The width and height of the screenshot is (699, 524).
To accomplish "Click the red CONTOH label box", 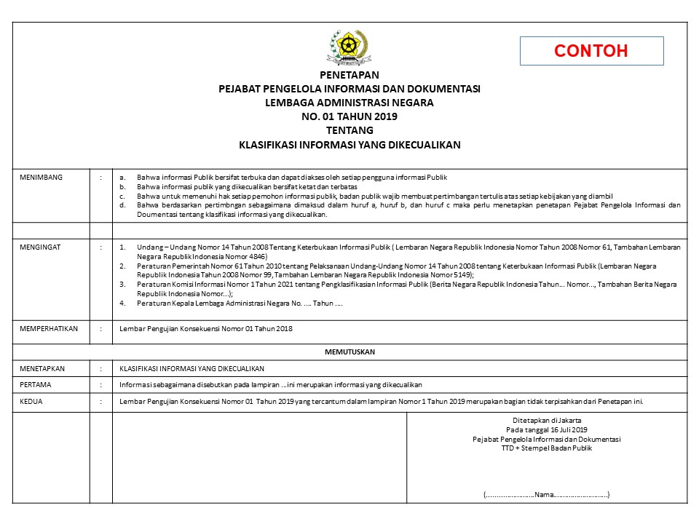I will [x=591, y=51].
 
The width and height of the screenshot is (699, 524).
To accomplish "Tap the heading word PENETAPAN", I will [x=349, y=75].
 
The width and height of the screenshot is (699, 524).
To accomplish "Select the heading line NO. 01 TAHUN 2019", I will [x=349, y=116].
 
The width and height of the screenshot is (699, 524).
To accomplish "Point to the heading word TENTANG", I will [x=349, y=130].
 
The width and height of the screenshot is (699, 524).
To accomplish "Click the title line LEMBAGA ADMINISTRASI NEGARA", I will [x=349, y=103].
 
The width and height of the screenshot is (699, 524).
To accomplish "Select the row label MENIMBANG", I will [x=42, y=177].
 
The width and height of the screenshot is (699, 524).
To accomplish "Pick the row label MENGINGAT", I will [x=41, y=247].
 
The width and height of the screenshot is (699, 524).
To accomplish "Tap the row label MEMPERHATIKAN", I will [x=49, y=329].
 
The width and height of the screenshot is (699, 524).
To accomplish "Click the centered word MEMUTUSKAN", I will [x=349, y=352].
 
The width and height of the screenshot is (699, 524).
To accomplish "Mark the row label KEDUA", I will [x=31, y=401].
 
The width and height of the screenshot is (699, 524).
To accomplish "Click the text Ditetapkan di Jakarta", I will [x=547, y=421].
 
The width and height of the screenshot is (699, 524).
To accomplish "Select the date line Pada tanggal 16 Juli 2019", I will [x=547, y=430].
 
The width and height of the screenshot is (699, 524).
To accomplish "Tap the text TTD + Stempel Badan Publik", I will [x=547, y=448].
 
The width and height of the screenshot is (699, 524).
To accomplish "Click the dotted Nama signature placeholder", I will [x=547, y=495].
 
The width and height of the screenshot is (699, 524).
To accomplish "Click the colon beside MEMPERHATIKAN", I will [x=100, y=329].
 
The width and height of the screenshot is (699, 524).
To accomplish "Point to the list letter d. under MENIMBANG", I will [x=122, y=205].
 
